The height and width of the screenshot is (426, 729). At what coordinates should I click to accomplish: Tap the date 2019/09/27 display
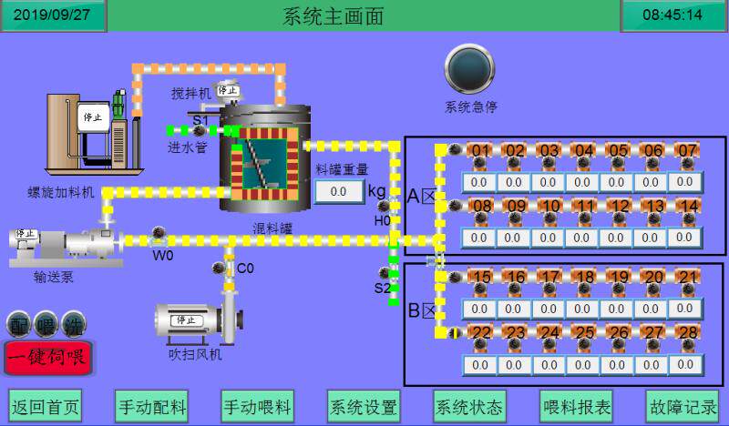coord(54,15)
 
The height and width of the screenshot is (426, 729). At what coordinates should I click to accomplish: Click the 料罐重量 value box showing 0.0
coord(338,192)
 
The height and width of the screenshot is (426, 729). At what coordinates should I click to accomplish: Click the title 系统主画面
coord(334,15)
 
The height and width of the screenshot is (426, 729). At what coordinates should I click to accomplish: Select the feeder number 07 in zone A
coord(687,151)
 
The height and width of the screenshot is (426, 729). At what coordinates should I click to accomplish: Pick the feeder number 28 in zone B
coord(687,333)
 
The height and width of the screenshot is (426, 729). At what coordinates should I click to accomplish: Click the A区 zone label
coord(423,197)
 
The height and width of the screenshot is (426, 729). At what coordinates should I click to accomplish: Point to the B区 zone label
coord(423,310)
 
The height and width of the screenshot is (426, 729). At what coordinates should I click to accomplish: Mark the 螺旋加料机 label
coord(60,192)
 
